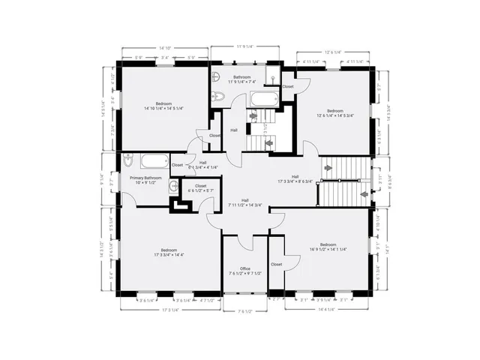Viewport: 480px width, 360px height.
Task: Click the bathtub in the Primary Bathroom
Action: (x=153, y=160)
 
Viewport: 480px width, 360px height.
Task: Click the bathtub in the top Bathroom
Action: (x=262, y=97)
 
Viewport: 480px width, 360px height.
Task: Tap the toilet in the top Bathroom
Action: (x=217, y=95)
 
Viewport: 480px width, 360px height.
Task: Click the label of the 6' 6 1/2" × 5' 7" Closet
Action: (x=200, y=188)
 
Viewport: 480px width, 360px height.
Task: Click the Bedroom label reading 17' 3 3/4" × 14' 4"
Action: (x=169, y=253)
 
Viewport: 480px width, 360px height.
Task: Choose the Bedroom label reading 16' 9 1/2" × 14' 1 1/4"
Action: (x=328, y=247)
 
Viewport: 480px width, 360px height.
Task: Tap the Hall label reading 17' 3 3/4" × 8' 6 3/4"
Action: (x=295, y=178)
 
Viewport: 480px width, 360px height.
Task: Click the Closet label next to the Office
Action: (x=276, y=264)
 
